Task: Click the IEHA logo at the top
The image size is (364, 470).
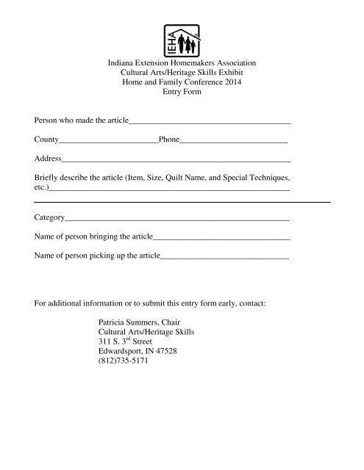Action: pos(181,36)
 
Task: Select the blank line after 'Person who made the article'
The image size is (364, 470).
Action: pos(210,120)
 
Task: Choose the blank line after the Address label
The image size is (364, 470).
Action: pos(176,159)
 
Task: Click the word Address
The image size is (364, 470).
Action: pos(48,158)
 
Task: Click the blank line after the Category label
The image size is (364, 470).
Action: pos(176,220)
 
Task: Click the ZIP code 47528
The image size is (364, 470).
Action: pos(177,351)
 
